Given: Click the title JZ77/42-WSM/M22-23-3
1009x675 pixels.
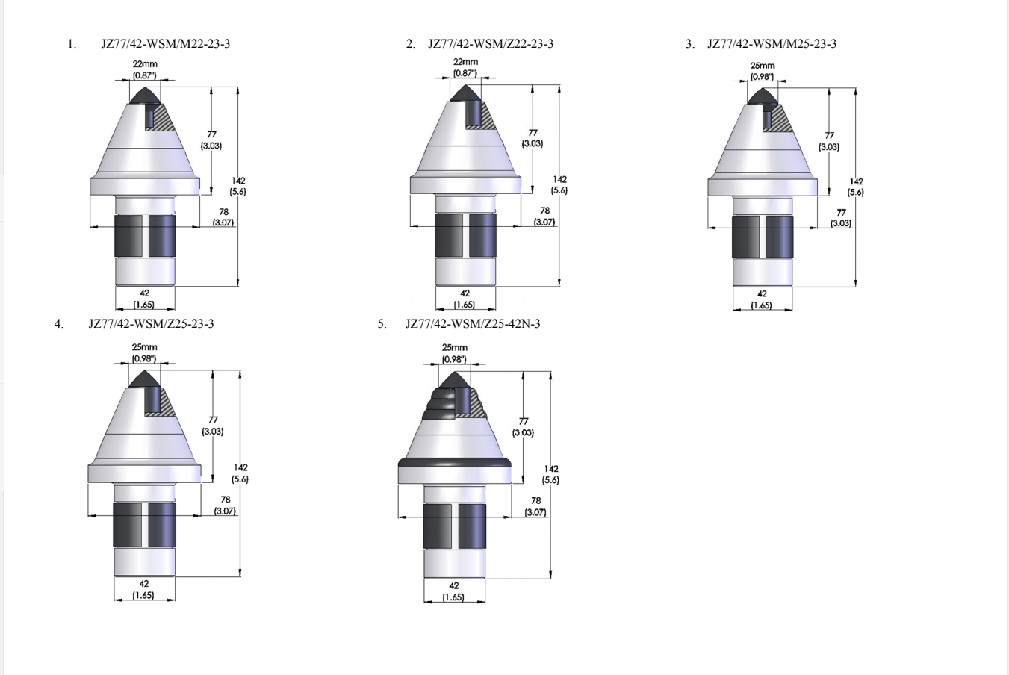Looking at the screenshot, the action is [165, 43].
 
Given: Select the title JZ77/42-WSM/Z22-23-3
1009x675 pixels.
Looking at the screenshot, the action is [491, 43].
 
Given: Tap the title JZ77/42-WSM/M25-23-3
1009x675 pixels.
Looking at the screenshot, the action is [772, 43].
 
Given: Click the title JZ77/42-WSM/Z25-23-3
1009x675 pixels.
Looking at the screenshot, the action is [151, 324].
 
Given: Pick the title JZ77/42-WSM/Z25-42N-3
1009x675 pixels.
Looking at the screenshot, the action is [473, 324].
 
